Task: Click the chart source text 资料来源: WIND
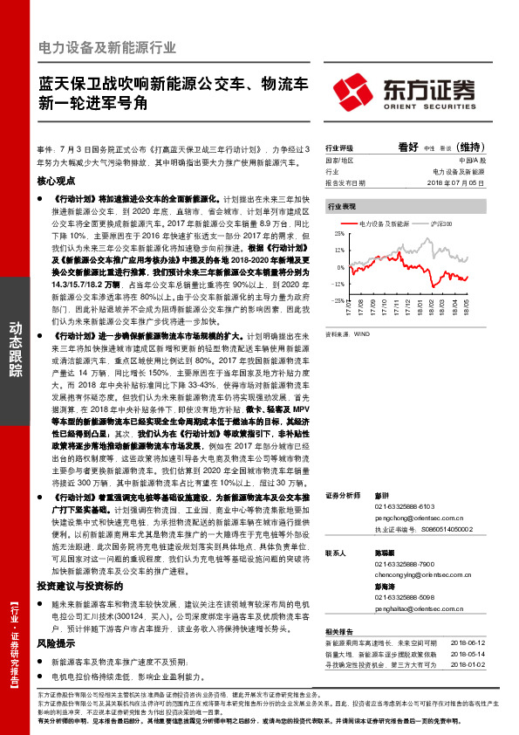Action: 347,333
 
